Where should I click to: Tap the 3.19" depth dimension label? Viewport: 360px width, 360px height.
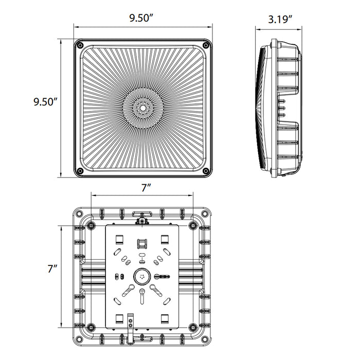(x=280, y=20)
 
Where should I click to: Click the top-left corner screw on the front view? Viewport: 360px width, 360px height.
(x=80, y=45)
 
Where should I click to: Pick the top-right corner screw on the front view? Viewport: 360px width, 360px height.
(x=206, y=45)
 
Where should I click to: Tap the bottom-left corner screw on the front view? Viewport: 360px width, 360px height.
(x=80, y=171)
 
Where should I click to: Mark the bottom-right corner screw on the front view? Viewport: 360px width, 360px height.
(x=206, y=171)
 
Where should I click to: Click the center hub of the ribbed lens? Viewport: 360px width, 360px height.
(x=143, y=108)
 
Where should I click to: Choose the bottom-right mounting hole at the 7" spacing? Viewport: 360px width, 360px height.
(x=193, y=327)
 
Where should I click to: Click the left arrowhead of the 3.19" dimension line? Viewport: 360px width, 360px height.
(x=258, y=29)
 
